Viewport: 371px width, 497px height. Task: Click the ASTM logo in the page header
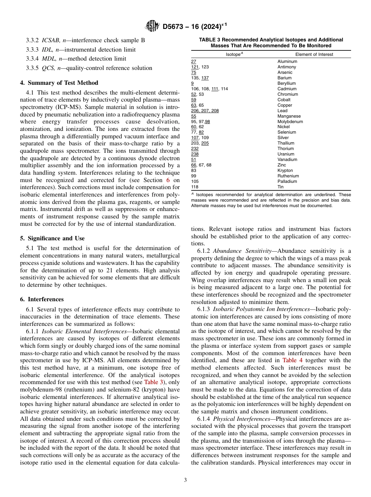point(152,26)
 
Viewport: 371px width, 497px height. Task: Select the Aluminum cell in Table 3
point(287,62)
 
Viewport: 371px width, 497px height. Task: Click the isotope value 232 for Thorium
point(195,149)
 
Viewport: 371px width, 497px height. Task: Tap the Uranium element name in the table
point(286,154)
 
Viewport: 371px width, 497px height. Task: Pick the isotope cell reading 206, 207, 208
point(205,111)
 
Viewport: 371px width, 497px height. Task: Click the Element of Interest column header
point(314,55)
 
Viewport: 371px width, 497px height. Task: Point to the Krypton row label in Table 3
point(285,171)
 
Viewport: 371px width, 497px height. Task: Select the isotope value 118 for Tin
point(195,187)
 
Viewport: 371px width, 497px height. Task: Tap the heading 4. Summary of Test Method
point(59,83)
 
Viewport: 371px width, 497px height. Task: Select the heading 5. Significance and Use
point(52,238)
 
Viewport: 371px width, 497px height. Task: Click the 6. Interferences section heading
point(42,299)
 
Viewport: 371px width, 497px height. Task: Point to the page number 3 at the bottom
point(185,480)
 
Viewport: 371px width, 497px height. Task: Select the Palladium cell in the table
point(287,182)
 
